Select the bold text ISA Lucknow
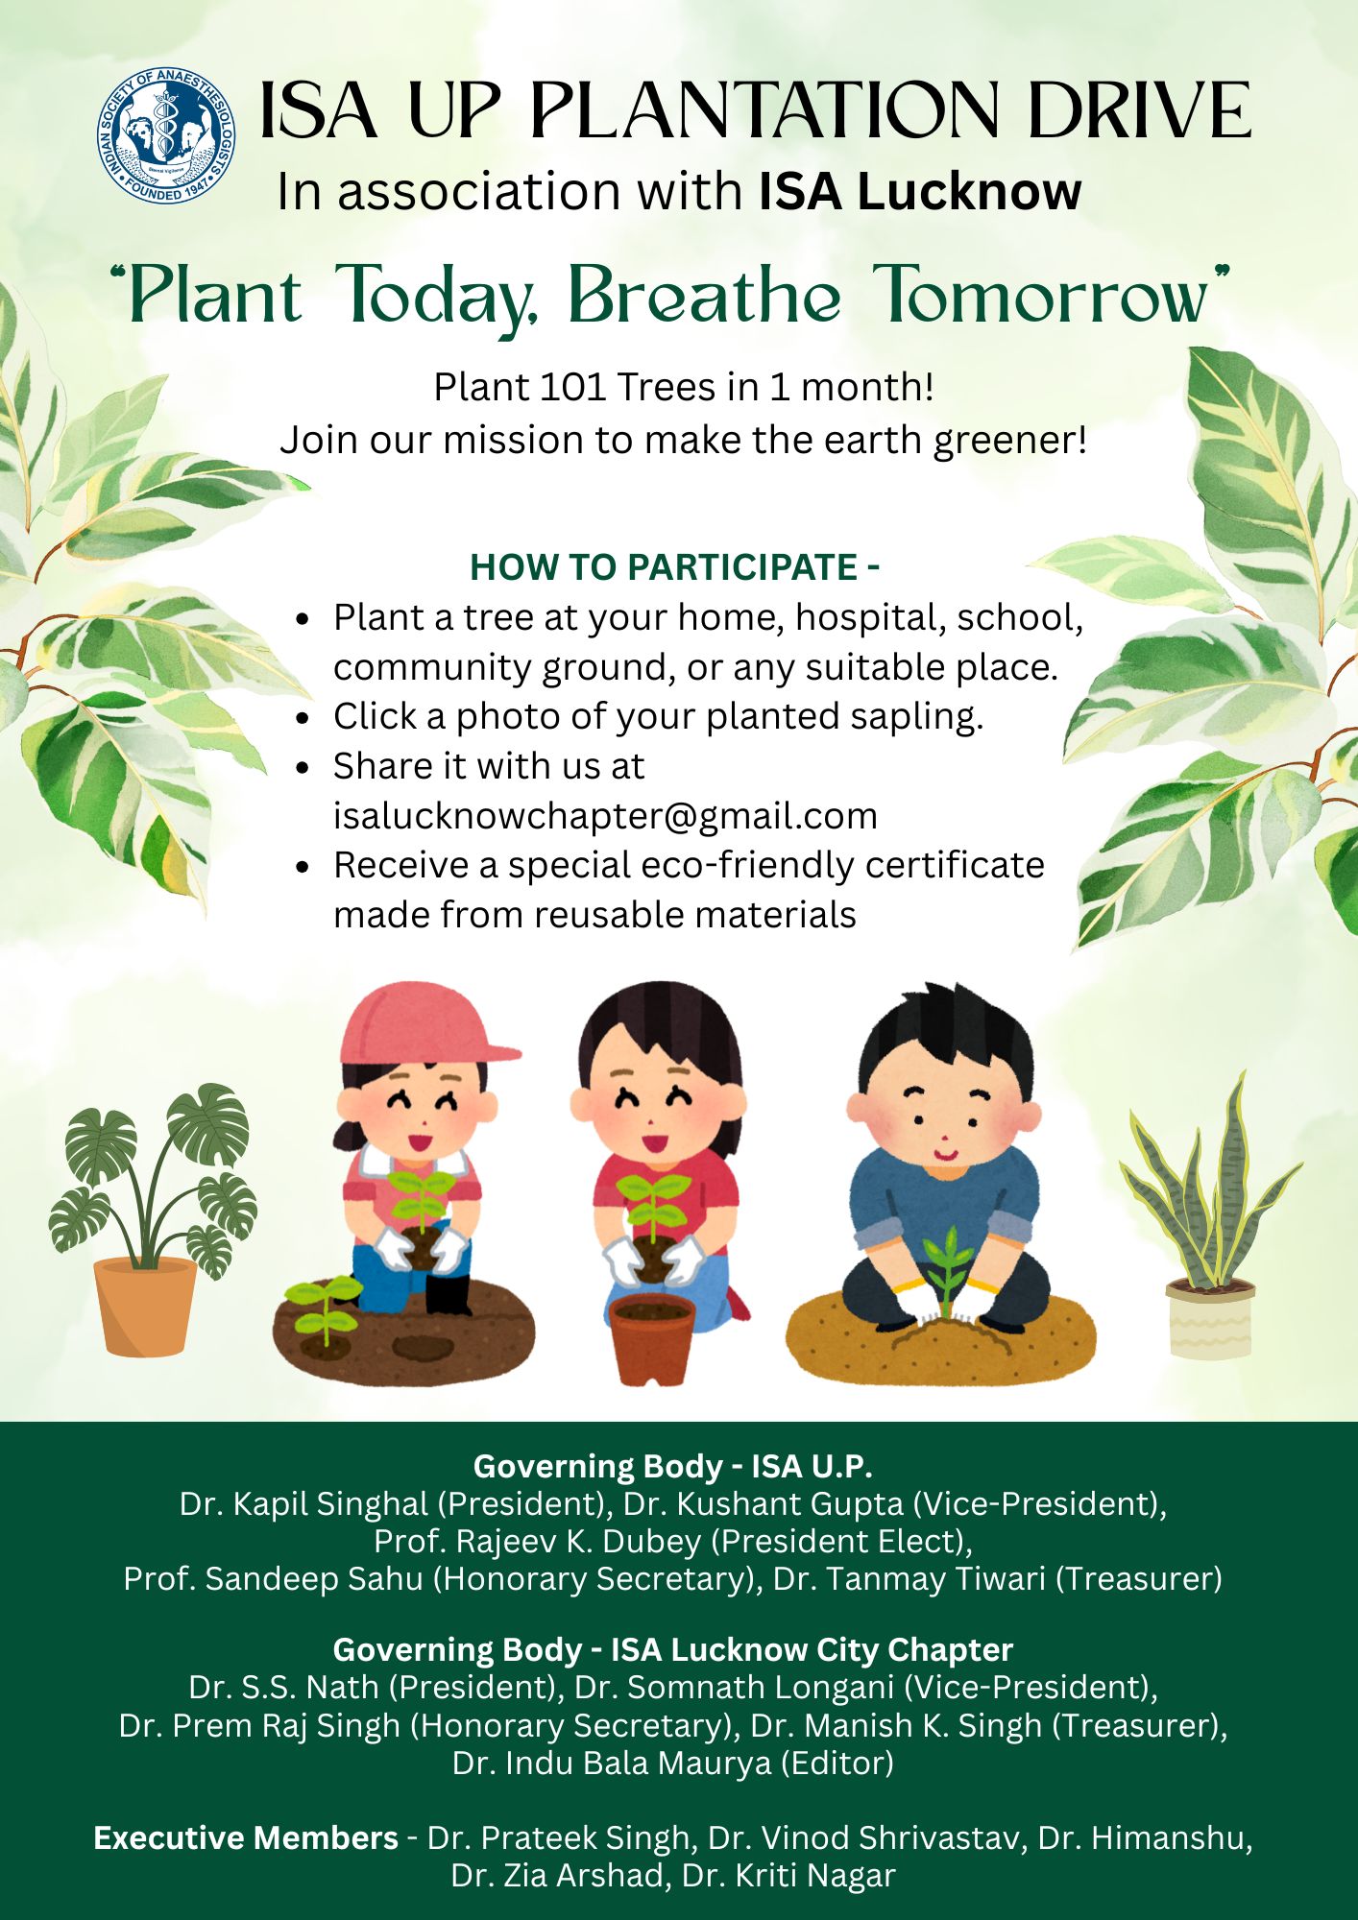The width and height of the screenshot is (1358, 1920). point(919,192)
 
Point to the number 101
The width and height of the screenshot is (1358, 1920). point(572,388)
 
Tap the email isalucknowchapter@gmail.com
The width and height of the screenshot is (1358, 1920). point(605,816)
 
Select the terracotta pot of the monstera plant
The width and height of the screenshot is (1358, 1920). point(145,1306)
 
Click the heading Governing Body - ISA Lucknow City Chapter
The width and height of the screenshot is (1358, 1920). point(672,1649)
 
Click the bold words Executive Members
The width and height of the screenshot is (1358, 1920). point(246,1837)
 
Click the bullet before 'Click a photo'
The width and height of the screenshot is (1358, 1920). point(303,717)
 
